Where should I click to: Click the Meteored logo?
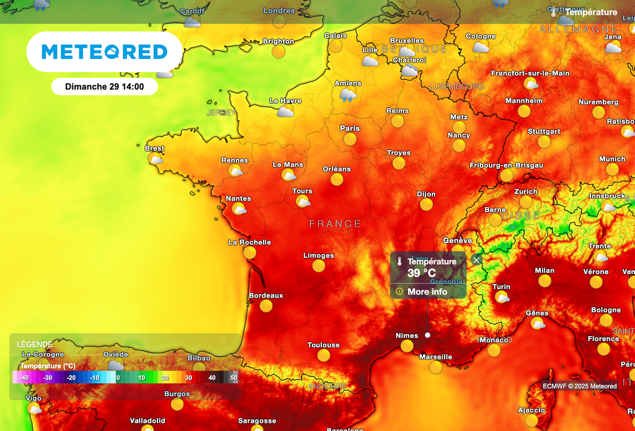tap(104, 52)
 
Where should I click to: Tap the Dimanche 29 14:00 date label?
tap(104, 87)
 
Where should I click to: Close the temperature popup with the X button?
tap(476, 260)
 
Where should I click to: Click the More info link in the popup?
tap(427, 291)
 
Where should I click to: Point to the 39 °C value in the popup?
tap(422, 273)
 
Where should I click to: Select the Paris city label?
tap(350, 128)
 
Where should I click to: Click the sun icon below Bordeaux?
tap(266, 306)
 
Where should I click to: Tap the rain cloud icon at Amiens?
tap(348, 94)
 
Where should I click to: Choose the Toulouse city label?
tap(323, 345)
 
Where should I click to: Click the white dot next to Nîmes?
tap(427, 335)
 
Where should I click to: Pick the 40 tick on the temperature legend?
tap(211, 377)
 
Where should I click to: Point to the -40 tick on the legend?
tap(24, 377)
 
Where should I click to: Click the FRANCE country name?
tap(335, 224)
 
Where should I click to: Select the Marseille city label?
tap(435, 357)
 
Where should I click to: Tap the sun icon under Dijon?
tap(426, 205)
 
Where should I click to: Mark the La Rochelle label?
tap(249, 242)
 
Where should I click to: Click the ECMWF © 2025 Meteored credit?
tap(580, 386)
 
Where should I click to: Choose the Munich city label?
tap(612, 159)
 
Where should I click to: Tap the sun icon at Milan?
tap(544, 281)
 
